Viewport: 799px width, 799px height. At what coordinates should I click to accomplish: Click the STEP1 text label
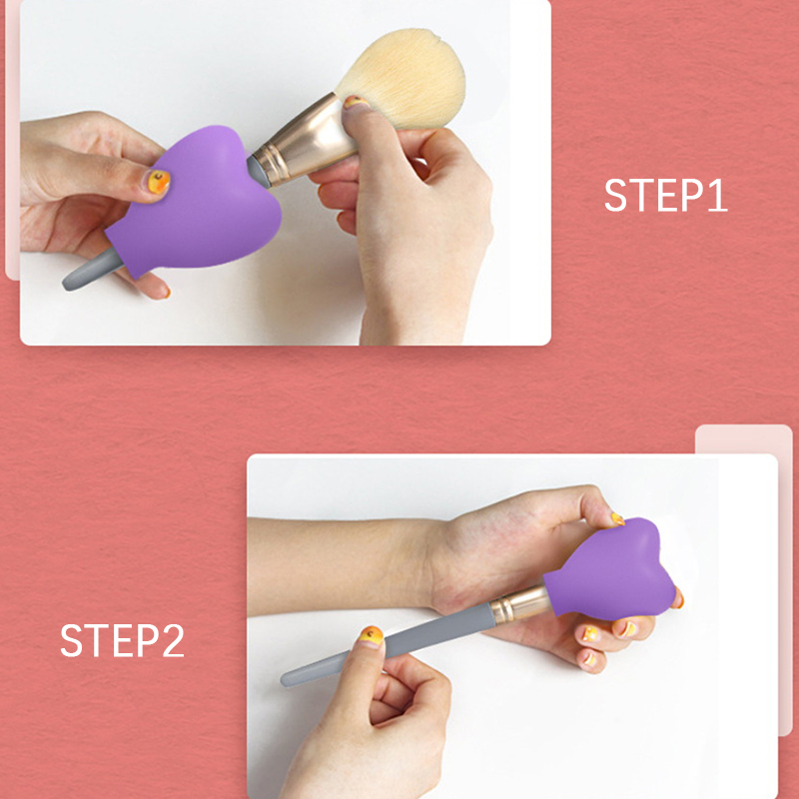pyautogui.click(x=665, y=195)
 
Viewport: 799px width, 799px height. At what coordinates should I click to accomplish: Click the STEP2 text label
pyautogui.click(x=122, y=640)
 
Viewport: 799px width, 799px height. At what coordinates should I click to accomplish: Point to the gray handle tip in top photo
pyautogui.click(x=92, y=269)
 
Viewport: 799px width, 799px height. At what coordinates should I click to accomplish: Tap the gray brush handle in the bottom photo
pyautogui.click(x=389, y=645)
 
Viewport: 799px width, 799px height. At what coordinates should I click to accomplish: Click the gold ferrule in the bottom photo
pyautogui.click(x=519, y=605)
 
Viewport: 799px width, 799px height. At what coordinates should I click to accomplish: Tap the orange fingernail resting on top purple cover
pyautogui.click(x=159, y=182)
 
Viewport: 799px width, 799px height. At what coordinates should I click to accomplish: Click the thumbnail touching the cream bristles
pyautogui.click(x=356, y=102)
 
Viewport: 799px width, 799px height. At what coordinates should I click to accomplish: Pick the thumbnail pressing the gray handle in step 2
pyautogui.click(x=371, y=636)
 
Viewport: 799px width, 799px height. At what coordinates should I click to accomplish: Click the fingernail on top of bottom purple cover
pyautogui.click(x=617, y=518)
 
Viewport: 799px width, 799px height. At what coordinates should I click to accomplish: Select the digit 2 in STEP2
pyautogui.click(x=173, y=640)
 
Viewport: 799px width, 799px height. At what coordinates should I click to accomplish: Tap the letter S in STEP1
pyautogui.click(x=615, y=195)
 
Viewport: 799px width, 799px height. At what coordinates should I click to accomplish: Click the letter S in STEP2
pyautogui.click(x=71, y=640)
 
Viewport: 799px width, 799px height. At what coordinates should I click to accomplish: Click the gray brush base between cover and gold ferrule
pyautogui.click(x=259, y=172)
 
